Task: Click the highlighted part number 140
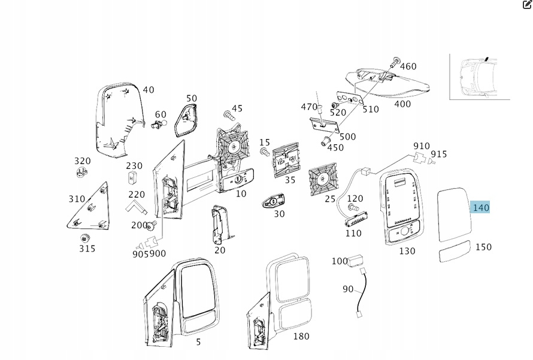pyautogui.click(x=481, y=208)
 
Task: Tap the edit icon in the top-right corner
pyautogui.click(x=527, y=5)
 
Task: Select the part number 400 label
pyautogui.click(x=402, y=104)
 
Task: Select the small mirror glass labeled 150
pyautogui.click(x=456, y=253)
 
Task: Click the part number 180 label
pyautogui.click(x=301, y=336)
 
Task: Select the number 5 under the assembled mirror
pyautogui.click(x=199, y=342)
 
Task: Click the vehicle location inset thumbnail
pyautogui.click(x=480, y=76)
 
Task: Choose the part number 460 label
pyautogui.click(x=408, y=66)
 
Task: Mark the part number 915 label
pyautogui.click(x=439, y=154)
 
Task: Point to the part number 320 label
pyautogui.click(x=83, y=161)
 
